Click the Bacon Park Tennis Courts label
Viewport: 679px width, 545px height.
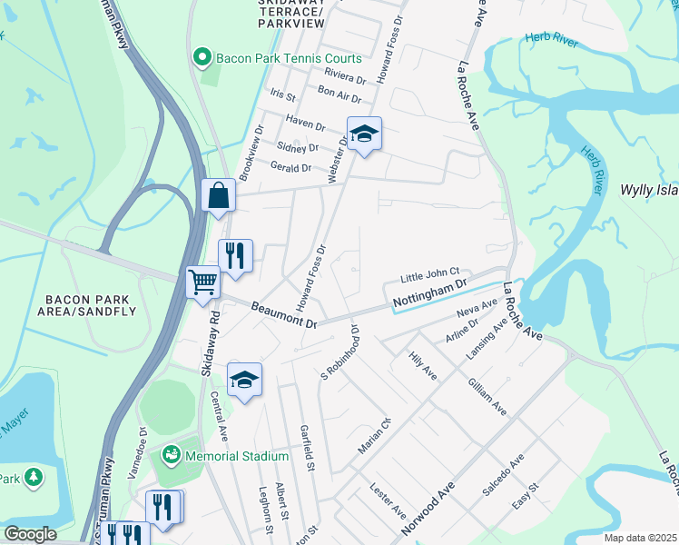288,60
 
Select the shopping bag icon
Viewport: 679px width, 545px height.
219,195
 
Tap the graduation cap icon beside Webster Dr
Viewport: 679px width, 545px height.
364,134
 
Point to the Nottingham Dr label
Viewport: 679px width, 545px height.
429,294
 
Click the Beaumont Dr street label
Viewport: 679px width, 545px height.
284,316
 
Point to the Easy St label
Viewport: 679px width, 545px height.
526,499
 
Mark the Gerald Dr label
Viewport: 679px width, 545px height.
290,166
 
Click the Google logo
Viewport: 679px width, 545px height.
30,534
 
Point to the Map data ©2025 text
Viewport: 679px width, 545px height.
641,538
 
